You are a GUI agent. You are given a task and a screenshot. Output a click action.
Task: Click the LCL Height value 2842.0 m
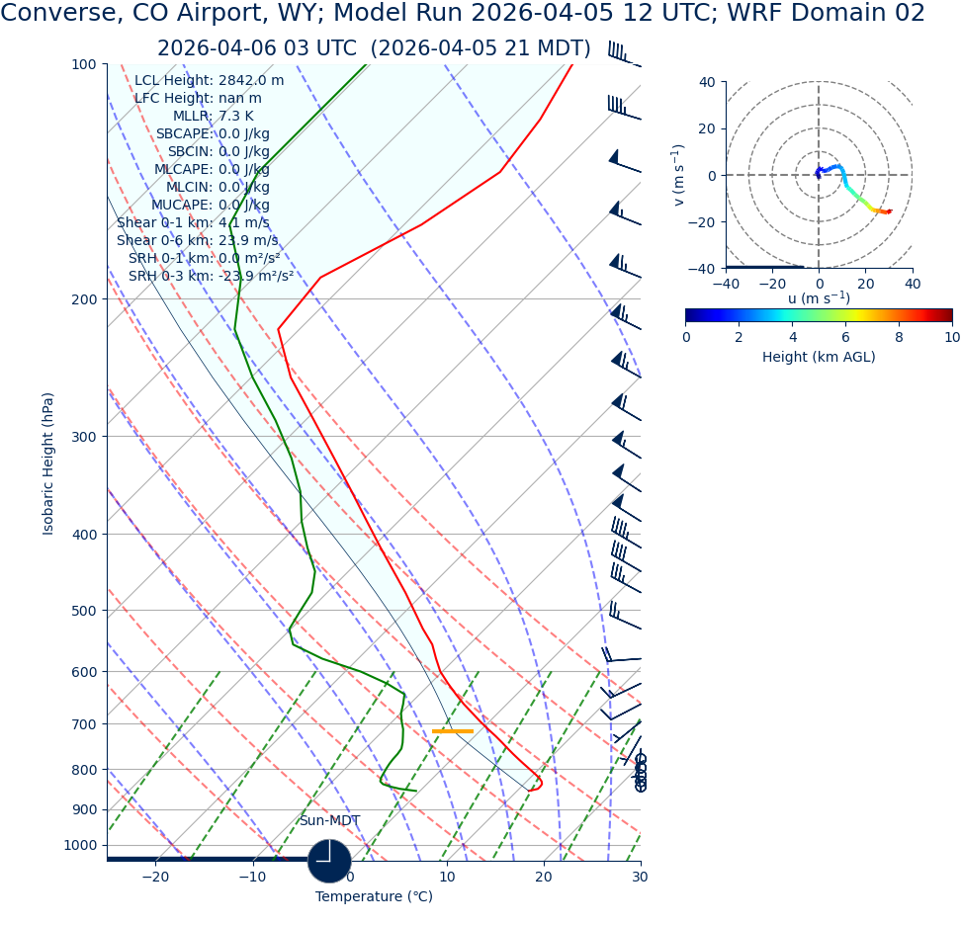click(250, 81)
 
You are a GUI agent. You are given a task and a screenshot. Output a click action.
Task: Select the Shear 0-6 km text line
click(197, 241)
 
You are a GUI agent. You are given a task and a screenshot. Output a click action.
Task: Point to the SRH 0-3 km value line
click(211, 277)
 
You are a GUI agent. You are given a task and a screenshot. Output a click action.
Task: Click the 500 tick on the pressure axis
click(83, 611)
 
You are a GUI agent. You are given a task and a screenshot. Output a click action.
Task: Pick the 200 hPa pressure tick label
click(83, 299)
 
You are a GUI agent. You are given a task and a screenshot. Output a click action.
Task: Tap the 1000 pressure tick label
click(80, 845)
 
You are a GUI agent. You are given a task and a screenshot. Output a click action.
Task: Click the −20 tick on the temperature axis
click(155, 878)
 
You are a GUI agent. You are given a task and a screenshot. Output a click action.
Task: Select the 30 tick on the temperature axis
click(640, 878)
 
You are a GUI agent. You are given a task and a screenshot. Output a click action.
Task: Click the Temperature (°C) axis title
click(374, 897)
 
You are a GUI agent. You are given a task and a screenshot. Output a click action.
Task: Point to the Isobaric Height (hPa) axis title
click(48, 463)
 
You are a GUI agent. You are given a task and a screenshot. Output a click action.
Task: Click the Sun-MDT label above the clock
click(329, 821)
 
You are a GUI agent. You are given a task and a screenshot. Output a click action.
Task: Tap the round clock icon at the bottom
click(329, 861)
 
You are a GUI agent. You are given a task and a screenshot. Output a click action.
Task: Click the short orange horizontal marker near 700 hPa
click(453, 731)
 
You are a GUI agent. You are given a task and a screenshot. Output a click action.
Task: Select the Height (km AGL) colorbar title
click(819, 358)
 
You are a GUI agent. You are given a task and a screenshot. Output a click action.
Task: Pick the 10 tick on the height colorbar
click(951, 337)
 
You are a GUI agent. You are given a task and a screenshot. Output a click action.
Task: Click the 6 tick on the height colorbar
click(845, 337)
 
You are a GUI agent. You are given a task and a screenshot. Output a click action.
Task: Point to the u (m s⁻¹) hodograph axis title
click(819, 298)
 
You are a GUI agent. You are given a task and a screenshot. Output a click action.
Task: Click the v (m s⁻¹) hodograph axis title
click(679, 175)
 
